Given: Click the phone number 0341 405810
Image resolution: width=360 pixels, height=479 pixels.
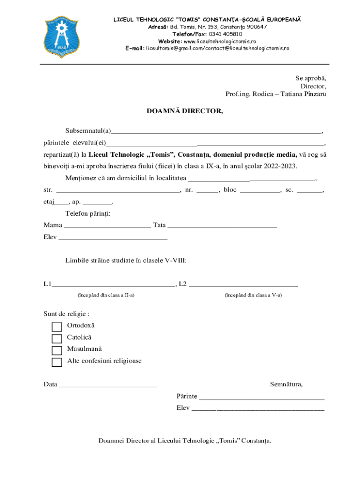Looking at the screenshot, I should point(225,34).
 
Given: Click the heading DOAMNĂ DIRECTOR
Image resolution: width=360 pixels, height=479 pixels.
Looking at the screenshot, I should point(185,111).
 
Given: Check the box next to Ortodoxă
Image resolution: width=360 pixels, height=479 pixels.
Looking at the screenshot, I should point(57,327).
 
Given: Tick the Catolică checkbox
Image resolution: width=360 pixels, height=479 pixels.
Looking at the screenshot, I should point(57,339).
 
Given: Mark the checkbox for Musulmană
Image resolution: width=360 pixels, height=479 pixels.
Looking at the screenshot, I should point(57,350).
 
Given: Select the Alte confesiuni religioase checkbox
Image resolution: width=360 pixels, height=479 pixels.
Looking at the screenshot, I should point(57,362).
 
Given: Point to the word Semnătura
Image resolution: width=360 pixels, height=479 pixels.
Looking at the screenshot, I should point(286,385).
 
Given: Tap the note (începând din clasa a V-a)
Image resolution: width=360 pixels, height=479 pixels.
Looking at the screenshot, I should point(253,295).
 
